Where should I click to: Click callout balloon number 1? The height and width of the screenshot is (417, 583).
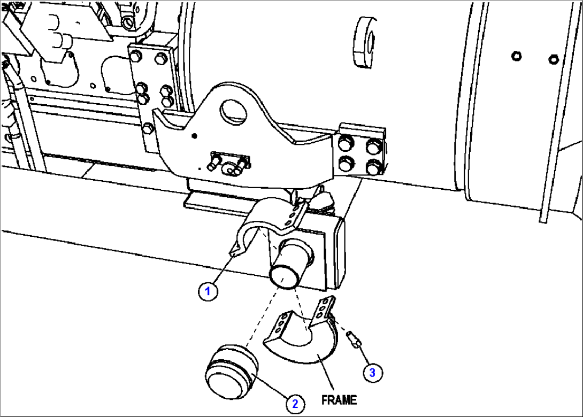(209, 292)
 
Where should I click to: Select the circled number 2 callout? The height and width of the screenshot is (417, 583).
(294, 404)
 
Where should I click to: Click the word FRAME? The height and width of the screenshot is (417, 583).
(339, 399)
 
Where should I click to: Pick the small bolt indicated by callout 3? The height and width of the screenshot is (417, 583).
(352, 338)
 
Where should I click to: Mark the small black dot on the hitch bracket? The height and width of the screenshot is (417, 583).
(195, 135)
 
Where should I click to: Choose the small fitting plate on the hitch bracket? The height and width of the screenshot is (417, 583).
(229, 163)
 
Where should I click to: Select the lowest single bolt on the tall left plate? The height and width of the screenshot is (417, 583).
(148, 128)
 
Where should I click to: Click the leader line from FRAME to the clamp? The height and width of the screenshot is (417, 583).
(326, 374)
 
